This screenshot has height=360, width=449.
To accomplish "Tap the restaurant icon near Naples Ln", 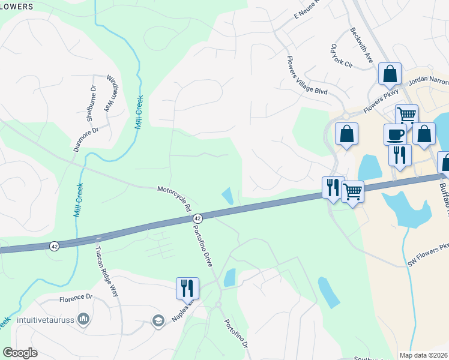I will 187,287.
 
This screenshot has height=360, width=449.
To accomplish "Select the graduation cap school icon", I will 158,319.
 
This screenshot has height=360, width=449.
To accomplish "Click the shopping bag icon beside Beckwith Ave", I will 390,74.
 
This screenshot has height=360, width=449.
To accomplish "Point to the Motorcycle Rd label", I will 174,198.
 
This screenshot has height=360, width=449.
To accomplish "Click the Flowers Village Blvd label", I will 306,76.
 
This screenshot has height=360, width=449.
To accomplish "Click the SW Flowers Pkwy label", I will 429,256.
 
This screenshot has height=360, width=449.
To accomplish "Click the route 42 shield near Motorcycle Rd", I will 198,219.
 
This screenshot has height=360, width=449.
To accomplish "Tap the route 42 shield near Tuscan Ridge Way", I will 55,246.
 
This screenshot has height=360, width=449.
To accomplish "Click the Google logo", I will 20,353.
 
